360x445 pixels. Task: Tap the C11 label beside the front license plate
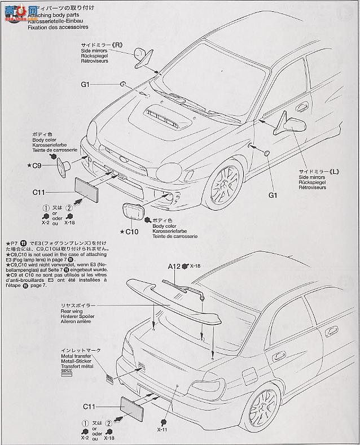40,192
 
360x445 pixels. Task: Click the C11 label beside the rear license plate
91,406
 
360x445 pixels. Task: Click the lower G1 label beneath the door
273,195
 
